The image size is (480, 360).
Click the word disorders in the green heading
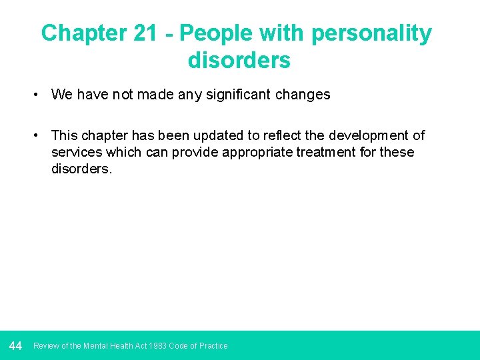click(x=239, y=60)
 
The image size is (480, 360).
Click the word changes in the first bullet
click(x=304, y=95)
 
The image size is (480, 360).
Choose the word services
click(x=77, y=152)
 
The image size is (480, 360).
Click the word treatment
click(x=325, y=152)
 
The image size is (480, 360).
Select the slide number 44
click(x=16, y=345)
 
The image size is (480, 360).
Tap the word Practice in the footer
click(x=213, y=346)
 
